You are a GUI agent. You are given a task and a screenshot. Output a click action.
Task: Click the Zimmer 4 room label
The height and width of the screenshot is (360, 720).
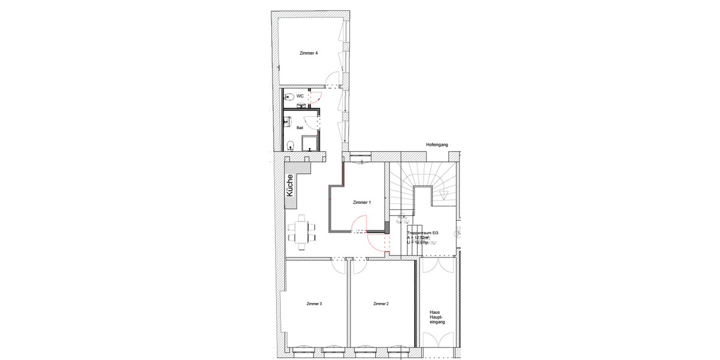[308, 53]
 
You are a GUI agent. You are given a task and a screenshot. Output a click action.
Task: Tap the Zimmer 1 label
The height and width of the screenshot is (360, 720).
[361, 203]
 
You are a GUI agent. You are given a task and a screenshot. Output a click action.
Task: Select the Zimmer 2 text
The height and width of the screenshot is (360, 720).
[380, 304]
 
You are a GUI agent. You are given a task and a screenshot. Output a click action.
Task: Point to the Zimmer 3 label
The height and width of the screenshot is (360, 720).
[314, 304]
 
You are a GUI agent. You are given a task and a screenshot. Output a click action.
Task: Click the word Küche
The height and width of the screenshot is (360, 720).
[290, 185]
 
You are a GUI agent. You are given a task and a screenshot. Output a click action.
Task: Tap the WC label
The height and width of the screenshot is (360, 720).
[300, 96]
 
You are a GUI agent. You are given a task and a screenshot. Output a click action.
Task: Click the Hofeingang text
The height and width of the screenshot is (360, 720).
[437, 145]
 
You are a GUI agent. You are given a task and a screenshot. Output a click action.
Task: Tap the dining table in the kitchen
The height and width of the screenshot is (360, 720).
[304, 232]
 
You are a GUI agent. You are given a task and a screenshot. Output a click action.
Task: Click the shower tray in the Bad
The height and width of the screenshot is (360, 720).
[309, 143]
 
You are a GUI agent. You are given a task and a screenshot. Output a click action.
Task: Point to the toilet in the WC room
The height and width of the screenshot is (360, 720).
[287, 96]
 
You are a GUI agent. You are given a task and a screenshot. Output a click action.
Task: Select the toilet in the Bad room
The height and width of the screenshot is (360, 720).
[290, 144]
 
